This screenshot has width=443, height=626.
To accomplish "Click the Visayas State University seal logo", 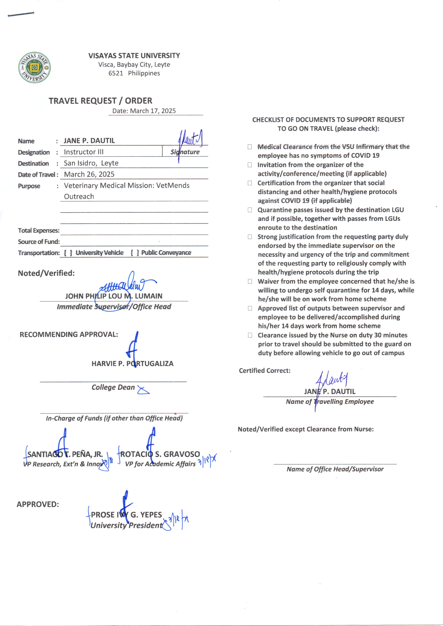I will click(34, 67).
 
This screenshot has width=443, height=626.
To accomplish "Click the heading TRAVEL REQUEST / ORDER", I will click(100, 101).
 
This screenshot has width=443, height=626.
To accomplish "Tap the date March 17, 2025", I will click(153, 111).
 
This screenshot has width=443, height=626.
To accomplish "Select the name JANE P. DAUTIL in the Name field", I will click(89, 141).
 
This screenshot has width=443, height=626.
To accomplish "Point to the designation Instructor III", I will click(83, 152).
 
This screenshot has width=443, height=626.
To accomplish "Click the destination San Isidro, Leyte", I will click(91, 163).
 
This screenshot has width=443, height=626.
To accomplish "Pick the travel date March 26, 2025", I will click(89, 174).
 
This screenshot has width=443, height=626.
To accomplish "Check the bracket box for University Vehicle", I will click(68, 253).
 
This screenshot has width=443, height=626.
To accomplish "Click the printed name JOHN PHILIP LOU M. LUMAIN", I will click(114, 296).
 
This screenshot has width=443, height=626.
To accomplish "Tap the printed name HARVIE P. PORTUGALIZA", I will click(132, 363).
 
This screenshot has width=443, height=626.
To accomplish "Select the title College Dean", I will click(113, 387).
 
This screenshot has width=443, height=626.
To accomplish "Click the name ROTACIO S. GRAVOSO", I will click(160, 454).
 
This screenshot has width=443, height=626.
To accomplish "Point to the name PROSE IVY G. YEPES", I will click(126, 515).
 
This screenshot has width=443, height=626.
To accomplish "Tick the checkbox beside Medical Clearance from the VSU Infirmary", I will click(250, 147).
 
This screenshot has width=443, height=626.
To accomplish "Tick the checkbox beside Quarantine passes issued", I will click(250, 210).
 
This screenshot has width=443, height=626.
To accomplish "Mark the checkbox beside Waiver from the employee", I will click(250, 281).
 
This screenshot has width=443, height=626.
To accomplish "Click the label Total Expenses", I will click(38, 231).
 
